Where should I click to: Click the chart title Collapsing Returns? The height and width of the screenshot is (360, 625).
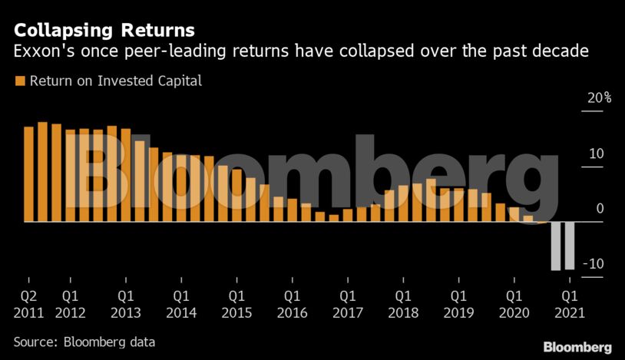(104, 31)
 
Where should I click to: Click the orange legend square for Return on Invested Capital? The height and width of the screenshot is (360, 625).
(19, 81)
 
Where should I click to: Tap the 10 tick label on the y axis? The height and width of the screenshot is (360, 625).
(597, 154)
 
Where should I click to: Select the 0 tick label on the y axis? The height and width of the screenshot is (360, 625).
(600, 209)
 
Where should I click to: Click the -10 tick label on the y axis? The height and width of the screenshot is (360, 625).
(594, 264)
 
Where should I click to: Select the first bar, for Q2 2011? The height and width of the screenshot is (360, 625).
(28, 173)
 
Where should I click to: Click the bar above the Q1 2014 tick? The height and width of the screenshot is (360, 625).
(181, 188)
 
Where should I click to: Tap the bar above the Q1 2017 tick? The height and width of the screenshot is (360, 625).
(348, 215)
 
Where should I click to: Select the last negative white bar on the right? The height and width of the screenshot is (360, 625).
(570, 246)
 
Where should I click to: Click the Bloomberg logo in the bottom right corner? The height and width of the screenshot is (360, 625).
(577, 347)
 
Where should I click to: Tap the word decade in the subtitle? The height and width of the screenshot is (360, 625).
(564, 52)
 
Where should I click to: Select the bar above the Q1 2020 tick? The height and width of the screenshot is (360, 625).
(514, 214)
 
